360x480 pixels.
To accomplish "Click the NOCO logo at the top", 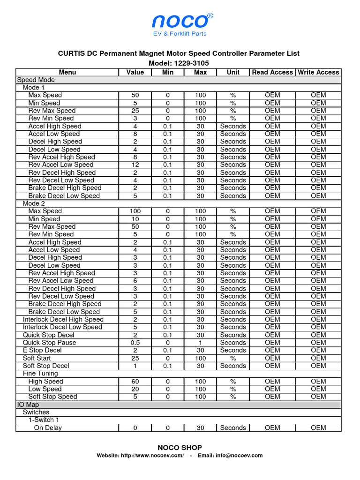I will pyautogui.click(x=180, y=21).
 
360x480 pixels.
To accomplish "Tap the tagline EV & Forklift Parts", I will pyautogui.click(x=180, y=34).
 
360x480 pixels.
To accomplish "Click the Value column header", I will pyautogui.click(x=135, y=72).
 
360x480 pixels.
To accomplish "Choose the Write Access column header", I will pyautogui.click(x=318, y=72).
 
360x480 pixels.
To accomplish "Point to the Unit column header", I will pyautogui.click(x=233, y=72).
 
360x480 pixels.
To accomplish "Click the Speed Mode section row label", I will pyautogui.click(x=36, y=80).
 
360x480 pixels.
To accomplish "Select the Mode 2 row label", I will pyautogui.click(x=34, y=203).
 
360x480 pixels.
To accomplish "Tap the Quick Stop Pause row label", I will pyautogui.click(x=49, y=343).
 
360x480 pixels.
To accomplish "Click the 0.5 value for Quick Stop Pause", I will pyautogui.click(x=135, y=343).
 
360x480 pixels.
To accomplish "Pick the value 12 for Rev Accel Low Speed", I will pyautogui.click(x=135, y=165).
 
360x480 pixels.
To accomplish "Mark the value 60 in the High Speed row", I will pyautogui.click(x=135, y=382).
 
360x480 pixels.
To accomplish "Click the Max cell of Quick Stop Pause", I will pyautogui.click(x=200, y=343).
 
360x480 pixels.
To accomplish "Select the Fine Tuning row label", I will pyautogui.click(x=40, y=374).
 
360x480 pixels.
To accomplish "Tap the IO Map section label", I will pyautogui.click(x=28, y=405).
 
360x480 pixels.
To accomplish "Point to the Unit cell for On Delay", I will pyautogui.click(x=233, y=428).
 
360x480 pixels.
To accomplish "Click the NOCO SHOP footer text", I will pyautogui.click(x=180, y=448).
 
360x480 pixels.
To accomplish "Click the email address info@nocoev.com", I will pyautogui.click(x=239, y=456).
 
